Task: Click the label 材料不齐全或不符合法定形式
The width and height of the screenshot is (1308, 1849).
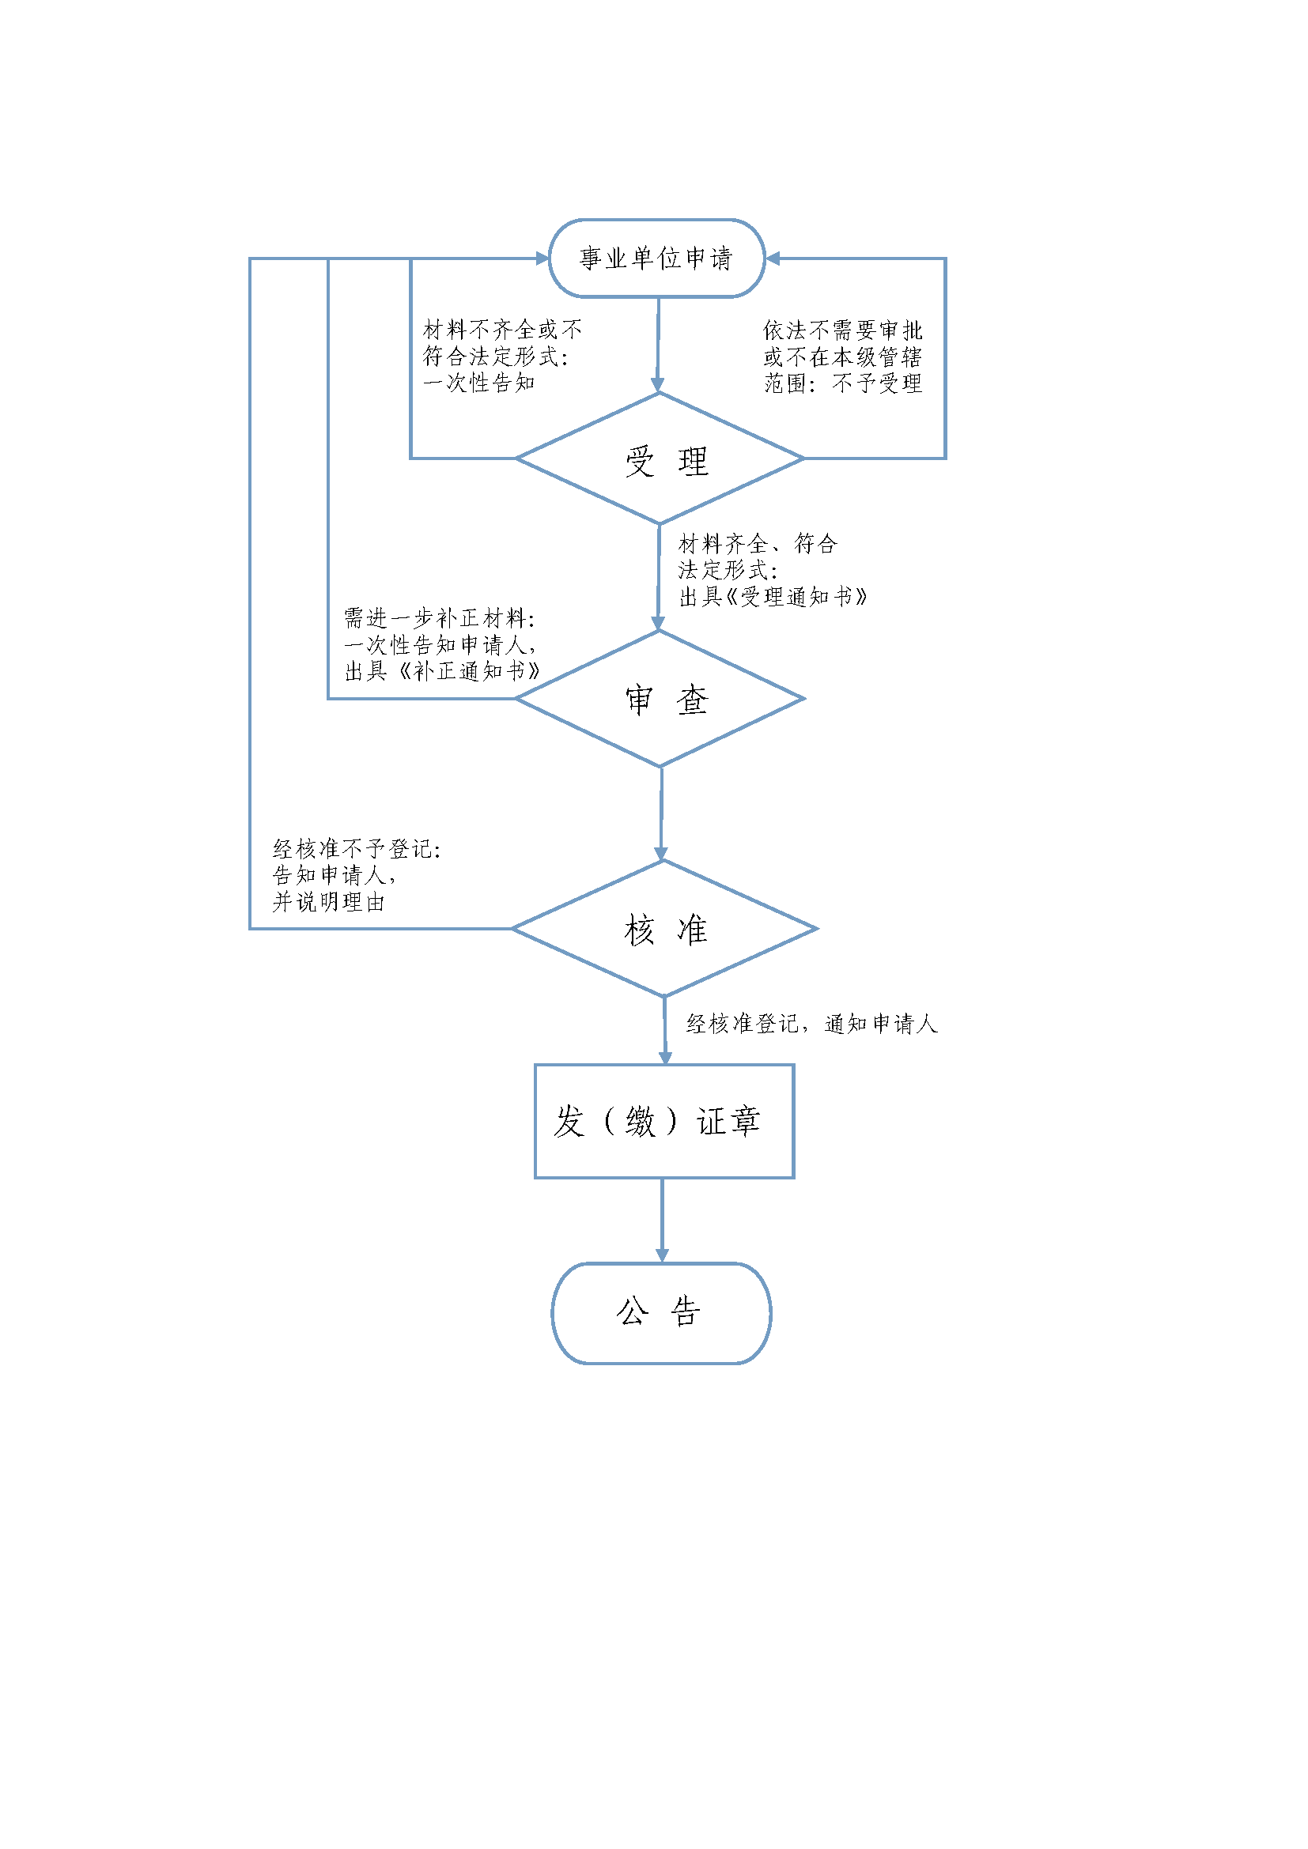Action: click(x=502, y=342)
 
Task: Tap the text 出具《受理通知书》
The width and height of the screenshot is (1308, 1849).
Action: click(x=773, y=597)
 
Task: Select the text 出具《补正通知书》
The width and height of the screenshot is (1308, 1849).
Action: click(x=442, y=671)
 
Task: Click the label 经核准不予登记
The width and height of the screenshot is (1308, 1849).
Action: click(x=357, y=849)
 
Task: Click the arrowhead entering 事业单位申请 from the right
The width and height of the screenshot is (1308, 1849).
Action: click(x=773, y=258)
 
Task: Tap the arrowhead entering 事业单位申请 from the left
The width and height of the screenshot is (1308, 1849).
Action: click(x=542, y=258)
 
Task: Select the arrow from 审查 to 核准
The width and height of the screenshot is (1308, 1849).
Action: click(x=661, y=813)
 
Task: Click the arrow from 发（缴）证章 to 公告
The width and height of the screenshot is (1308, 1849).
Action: click(x=662, y=1221)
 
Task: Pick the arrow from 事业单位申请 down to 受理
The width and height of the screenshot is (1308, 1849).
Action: click(x=658, y=345)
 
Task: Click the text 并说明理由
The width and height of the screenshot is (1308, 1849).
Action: click(x=329, y=902)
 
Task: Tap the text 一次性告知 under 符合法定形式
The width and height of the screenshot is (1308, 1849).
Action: click(x=479, y=383)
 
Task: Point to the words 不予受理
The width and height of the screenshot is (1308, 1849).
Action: click(x=877, y=383)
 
